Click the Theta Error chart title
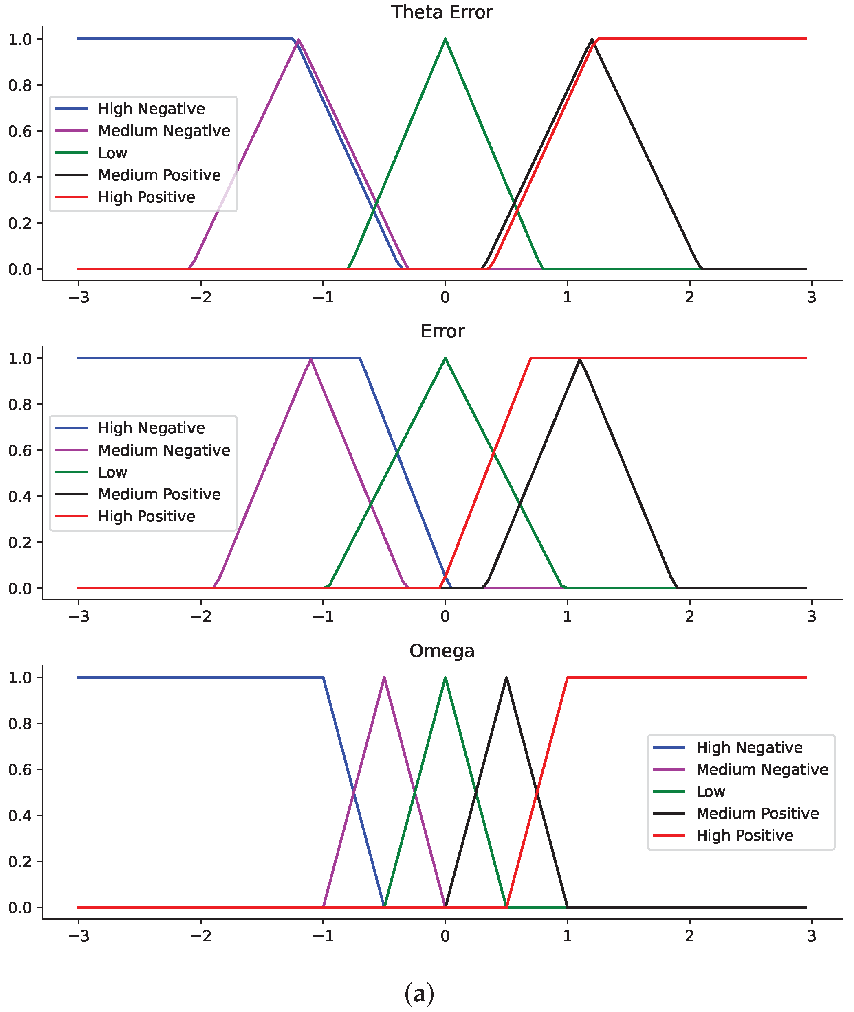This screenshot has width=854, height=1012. [x=442, y=12]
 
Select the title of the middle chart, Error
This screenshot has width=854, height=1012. [x=442, y=331]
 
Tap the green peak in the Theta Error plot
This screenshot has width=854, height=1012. [x=445, y=39]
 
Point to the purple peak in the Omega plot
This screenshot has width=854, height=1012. [x=384, y=678]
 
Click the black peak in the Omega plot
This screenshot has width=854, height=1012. [x=506, y=678]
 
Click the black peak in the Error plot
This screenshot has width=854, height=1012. [x=579, y=359]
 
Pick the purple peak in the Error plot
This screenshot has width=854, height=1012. [x=310, y=359]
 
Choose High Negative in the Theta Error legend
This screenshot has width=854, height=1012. [x=151, y=109]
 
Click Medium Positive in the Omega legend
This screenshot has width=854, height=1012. [x=757, y=813]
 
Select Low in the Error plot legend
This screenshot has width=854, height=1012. [x=112, y=472]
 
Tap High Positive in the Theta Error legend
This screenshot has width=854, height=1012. [x=146, y=197]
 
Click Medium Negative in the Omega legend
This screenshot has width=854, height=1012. [x=762, y=769]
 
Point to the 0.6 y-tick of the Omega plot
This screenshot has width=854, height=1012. [x=20, y=770]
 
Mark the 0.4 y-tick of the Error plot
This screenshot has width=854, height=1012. [x=20, y=496]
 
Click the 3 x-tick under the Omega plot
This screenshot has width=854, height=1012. [x=811, y=935]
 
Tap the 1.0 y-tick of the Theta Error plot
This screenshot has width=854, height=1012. [x=20, y=39]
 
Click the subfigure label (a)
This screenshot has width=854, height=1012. [x=419, y=993]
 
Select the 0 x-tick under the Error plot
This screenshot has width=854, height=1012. [x=445, y=616]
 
